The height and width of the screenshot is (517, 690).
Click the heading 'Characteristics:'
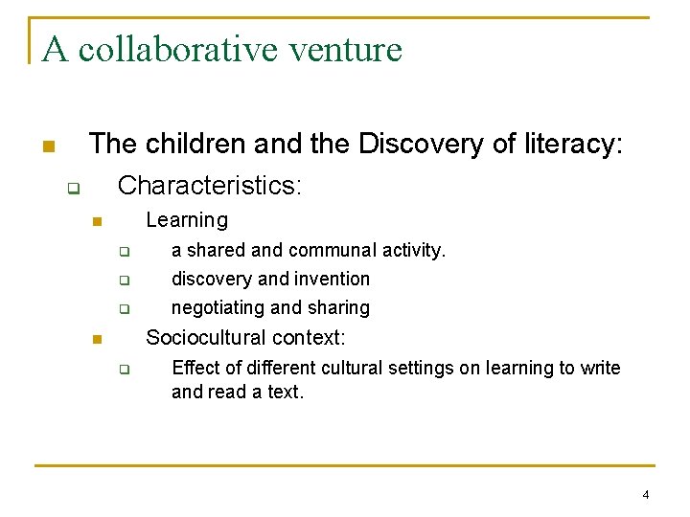tap(209, 185)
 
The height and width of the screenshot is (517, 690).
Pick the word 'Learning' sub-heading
tap(187, 220)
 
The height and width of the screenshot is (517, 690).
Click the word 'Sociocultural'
tap(206, 338)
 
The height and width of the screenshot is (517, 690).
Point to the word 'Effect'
tap(196, 369)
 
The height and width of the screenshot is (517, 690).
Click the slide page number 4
tap(645, 495)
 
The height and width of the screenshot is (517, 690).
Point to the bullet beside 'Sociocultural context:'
tap(96, 340)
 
